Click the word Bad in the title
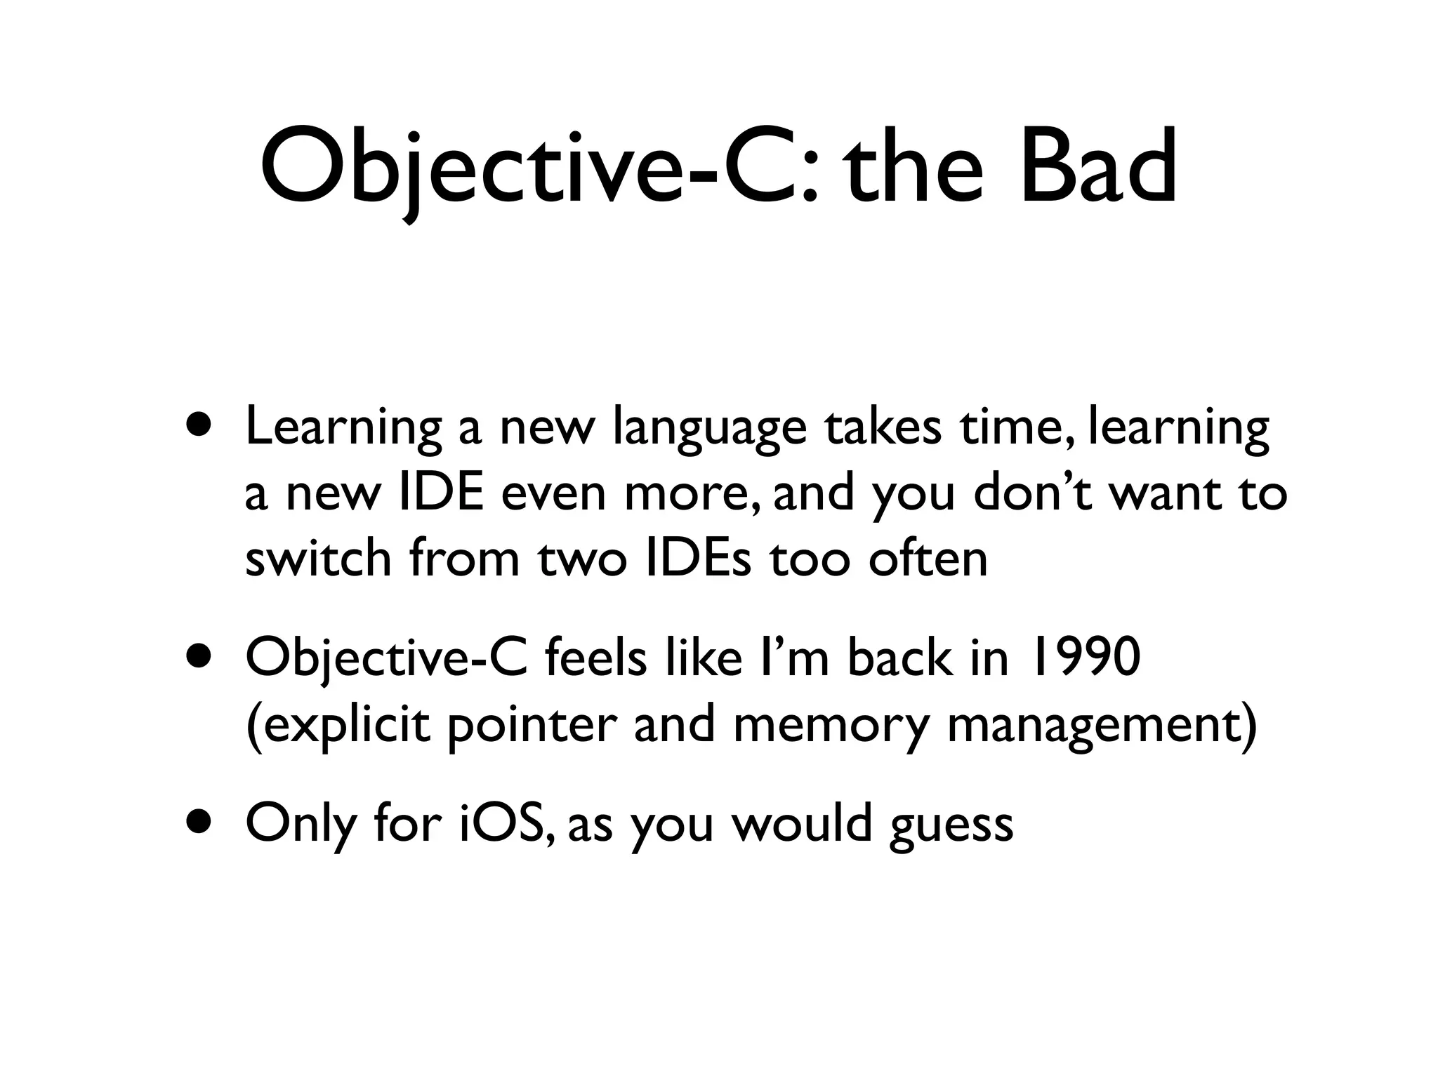point(1097,167)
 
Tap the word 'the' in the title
point(914,167)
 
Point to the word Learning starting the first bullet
point(343,430)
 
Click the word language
point(709,430)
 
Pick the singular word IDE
point(442,493)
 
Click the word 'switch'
point(318,559)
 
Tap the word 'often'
point(928,559)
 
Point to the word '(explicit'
point(338,726)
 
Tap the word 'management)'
point(1102,726)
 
